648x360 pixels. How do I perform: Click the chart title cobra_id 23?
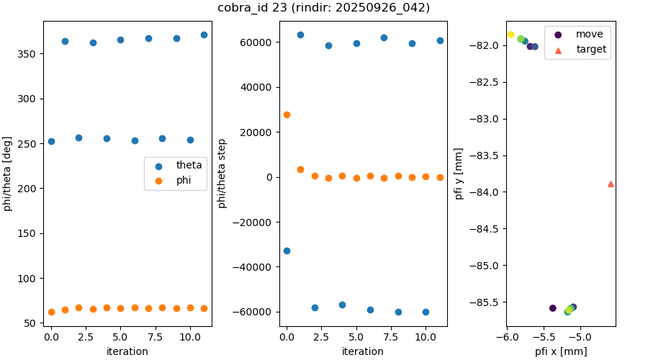click(323, 8)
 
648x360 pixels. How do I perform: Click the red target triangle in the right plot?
click(611, 184)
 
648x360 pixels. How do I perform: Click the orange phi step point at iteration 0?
click(287, 114)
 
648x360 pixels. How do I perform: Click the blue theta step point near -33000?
click(287, 251)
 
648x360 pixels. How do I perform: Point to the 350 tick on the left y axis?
click(30, 54)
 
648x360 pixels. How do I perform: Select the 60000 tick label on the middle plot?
click(258, 42)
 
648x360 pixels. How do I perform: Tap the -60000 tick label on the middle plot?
click(256, 312)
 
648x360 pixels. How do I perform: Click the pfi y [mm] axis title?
click(459, 174)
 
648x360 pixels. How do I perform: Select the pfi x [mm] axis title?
click(560, 351)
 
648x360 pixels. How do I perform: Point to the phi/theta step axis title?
click(222, 174)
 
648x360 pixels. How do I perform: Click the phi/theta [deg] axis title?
click(8, 174)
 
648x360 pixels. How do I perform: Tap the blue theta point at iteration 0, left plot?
click(51, 141)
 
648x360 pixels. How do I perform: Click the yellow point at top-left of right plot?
click(511, 35)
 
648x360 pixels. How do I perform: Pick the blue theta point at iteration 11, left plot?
click(204, 35)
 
